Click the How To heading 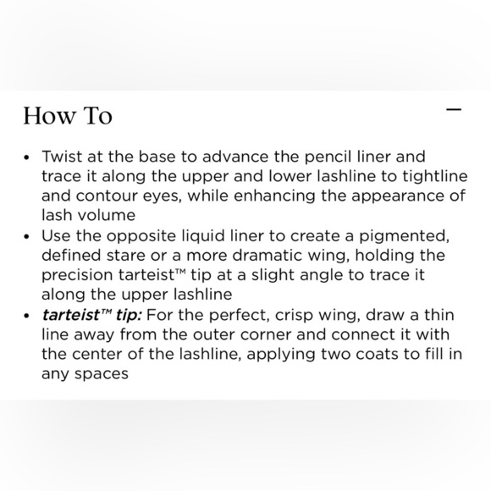(67, 116)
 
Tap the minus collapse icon (454, 110)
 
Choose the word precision (77, 275)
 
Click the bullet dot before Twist (28, 158)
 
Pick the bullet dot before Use (28, 237)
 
